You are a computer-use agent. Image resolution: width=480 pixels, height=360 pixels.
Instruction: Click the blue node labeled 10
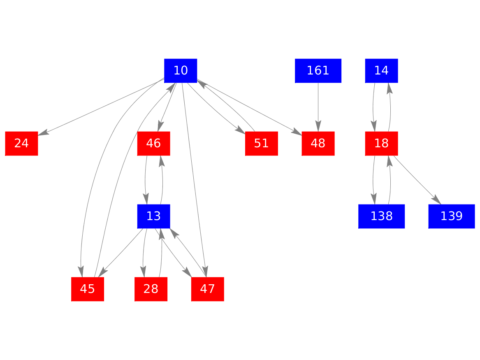click(x=181, y=71)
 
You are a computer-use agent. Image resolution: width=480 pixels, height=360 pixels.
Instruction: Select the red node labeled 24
click(x=21, y=144)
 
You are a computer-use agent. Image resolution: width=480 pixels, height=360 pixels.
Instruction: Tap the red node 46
click(x=153, y=144)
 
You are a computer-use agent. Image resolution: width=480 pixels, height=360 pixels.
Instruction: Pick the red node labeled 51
click(x=261, y=144)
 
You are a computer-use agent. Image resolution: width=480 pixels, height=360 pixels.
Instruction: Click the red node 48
click(x=318, y=144)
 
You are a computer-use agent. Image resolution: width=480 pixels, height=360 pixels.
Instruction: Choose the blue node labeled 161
click(x=318, y=71)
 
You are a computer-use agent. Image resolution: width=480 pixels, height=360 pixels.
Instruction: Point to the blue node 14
click(x=381, y=71)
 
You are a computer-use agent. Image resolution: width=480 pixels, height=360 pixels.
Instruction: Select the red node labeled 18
click(x=381, y=144)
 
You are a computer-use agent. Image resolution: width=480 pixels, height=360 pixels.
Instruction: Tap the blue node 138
click(x=381, y=216)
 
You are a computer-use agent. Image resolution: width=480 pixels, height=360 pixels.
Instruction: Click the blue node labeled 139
click(x=451, y=216)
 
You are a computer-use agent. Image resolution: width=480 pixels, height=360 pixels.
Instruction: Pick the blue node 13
click(x=153, y=216)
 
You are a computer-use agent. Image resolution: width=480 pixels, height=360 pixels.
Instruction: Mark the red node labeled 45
click(x=87, y=289)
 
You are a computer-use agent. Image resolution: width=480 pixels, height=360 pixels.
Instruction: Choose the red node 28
click(x=151, y=289)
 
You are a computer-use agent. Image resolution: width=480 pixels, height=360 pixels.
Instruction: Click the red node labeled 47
click(x=207, y=289)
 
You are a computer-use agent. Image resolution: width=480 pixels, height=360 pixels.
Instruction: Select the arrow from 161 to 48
click(x=318, y=107)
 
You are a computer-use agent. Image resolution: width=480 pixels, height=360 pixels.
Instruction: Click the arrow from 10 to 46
click(x=167, y=107)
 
